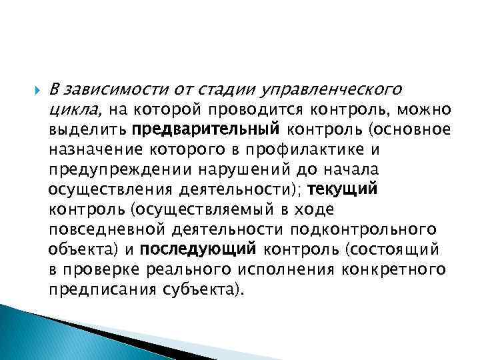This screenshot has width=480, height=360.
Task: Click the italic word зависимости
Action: pyautogui.click(x=107, y=89)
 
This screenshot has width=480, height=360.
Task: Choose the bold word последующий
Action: pyautogui.click(x=199, y=249)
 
